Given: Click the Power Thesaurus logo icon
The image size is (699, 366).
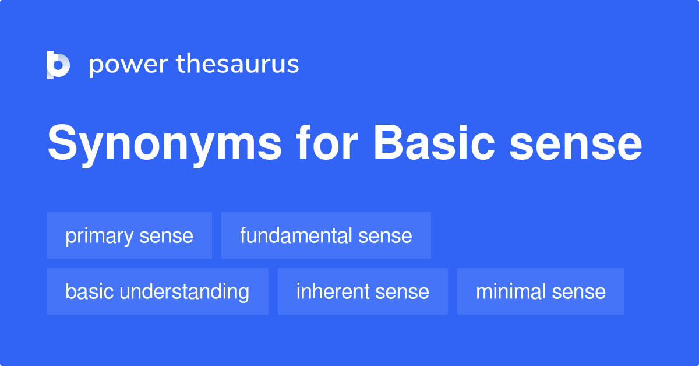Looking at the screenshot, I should click(x=58, y=65).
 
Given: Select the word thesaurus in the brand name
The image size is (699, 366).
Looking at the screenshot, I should click(x=238, y=65).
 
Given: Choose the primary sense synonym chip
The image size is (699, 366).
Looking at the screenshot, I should click(x=129, y=235).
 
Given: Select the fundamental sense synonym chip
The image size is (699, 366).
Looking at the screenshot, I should click(x=326, y=235).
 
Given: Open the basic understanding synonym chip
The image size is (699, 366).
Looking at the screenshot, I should click(x=157, y=291).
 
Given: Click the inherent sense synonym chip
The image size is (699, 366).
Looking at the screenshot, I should click(x=362, y=291).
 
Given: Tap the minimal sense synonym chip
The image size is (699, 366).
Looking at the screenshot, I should click(x=541, y=291).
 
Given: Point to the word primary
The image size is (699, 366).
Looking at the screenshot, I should click(x=100, y=237).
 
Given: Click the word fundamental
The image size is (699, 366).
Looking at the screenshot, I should click(x=296, y=235).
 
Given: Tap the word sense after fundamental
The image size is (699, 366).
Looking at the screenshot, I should click(x=385, y=236).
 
